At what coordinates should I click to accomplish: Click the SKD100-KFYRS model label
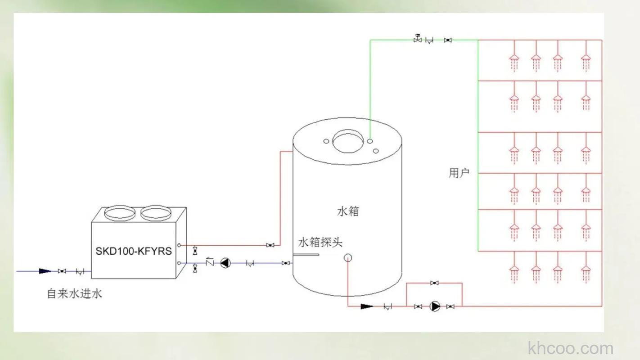click(134, 251)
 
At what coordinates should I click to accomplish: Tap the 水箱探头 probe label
click(320, 242)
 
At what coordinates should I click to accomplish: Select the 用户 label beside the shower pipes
click(459, 173)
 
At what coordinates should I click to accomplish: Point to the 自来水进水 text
click(75, 294)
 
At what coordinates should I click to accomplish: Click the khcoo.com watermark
click(570, 348)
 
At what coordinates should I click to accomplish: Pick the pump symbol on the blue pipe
click(225, 263)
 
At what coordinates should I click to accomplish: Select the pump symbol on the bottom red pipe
click(435, 306)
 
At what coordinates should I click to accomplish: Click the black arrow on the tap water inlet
click(45, 271)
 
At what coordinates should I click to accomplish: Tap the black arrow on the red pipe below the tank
click(367, 306)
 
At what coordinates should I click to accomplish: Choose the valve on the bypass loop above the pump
click(434, 283)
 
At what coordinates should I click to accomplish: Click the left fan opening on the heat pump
click(119, 213)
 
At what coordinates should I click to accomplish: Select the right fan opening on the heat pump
click(155, 213)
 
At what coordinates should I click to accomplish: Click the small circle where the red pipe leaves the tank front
click(348, 258)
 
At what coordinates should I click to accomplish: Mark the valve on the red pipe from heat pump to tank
click(270, 245)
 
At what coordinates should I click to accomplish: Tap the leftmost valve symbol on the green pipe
click(418, 40)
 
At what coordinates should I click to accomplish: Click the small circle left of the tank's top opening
click(326, 141)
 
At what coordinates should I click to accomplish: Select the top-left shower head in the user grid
click(514, 58)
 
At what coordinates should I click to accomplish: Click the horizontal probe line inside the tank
click(306, 255)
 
